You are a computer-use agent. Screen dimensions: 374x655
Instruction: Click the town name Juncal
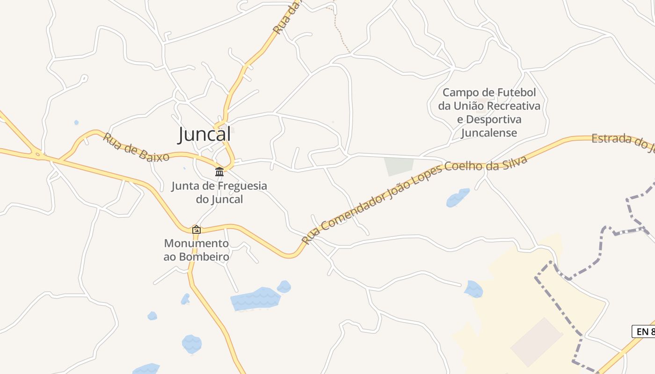click(x=204, y=135)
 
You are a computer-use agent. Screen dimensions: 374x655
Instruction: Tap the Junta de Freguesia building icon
click(x=219, y=172)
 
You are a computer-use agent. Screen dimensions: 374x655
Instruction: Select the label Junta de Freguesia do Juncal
click(x=219, y=192)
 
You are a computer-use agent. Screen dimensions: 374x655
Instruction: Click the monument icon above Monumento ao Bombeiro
click(x=196, y=230)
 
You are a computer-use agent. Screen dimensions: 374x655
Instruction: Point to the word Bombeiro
click(x=203, y=257)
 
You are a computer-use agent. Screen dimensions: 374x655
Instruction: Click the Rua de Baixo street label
click(x=136, y=147)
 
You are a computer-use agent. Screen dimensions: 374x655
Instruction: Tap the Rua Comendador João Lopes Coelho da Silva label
click(x=415, y=200)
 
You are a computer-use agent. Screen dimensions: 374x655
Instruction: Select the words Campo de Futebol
click(x=489, y=92)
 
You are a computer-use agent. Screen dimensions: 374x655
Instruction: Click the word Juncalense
click(x=489, y=133)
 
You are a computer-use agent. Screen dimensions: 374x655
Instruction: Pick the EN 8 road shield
click(x=644, y=331)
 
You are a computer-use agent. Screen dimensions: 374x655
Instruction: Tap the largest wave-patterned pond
click(x=255, y=299)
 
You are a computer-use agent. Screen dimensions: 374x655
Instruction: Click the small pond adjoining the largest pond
click(x=284, y=286)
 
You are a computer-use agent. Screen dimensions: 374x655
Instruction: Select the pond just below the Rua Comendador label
click(x=458, y=198)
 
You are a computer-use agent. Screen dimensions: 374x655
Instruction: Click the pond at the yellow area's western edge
click(x=473, y=289)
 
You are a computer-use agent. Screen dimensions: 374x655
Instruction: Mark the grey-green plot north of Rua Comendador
click(x=398, y=166)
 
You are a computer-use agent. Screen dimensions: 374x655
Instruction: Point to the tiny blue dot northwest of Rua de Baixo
click(x=76, y=122)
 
